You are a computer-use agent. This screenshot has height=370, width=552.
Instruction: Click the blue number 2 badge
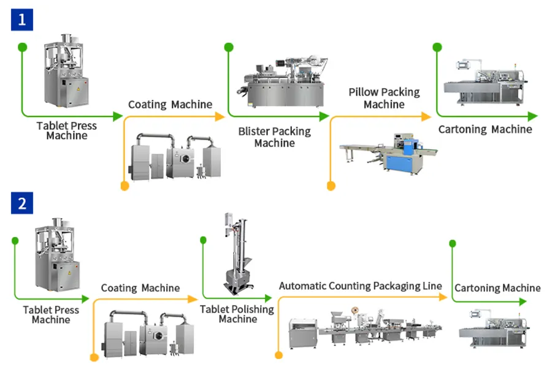(21, 203)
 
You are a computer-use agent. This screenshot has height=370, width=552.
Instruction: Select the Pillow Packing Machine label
(384, 98)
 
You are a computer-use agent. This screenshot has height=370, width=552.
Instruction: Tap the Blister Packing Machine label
(274, 137)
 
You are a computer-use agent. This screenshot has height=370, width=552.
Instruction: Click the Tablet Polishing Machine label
(237, 314)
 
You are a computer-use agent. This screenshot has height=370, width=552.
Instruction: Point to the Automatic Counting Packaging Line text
(360, 286)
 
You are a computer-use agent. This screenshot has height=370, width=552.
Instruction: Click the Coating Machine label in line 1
(170, 104)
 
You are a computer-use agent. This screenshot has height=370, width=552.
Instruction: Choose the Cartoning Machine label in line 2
(497, 288)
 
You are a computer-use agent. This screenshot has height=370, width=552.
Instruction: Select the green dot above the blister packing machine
(228, 47)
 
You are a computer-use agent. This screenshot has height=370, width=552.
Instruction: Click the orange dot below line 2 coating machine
(93, 358)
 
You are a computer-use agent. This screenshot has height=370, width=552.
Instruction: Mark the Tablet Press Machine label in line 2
(51, 315)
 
